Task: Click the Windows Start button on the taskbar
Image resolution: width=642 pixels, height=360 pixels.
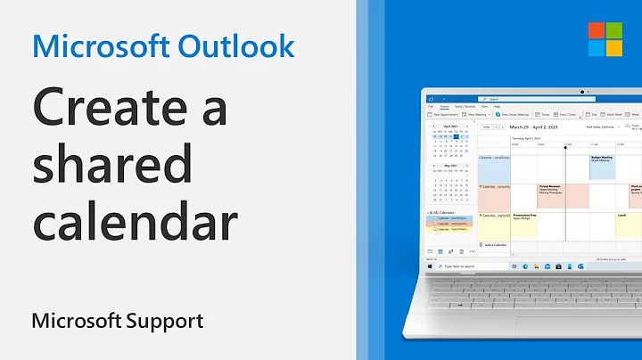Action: pos(428,266)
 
